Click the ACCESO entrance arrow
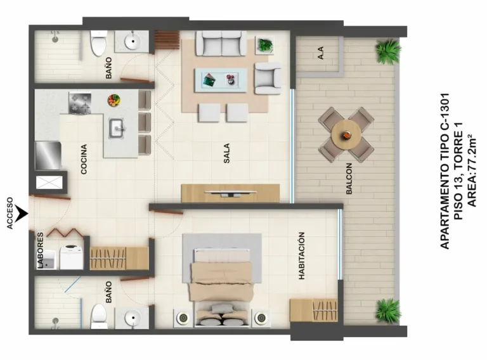tap(22, 214)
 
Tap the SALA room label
tap(227, 153)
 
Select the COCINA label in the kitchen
tap(84, 159)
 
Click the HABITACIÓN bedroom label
tap(301, 255)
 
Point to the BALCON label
tap(349, 179)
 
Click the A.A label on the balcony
tap(321, 53)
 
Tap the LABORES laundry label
tap(41, 250)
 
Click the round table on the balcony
tap(346, 135)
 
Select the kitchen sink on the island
tap(117, 129)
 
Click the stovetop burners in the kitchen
tap(80, 103)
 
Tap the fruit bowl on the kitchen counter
tap(114, 101)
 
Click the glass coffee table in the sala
tap(221, 80)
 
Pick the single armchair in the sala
tap(268, 78)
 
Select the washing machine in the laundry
tap(72, 257)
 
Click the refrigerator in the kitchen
tap(48, 155)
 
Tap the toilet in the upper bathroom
tap(99, 43)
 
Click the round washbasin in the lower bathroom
tap(133, 318)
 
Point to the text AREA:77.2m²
tap(472, 170)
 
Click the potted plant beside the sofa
tap(265, 45)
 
